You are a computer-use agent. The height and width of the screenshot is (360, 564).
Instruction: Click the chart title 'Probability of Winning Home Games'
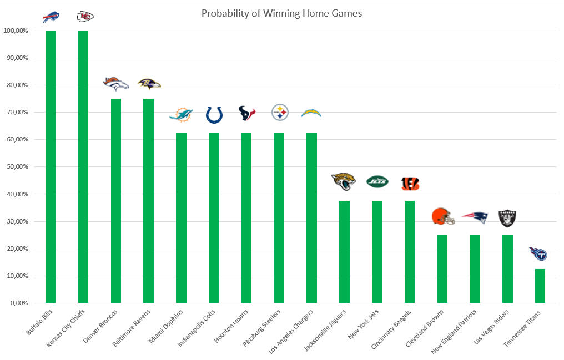(281, 13)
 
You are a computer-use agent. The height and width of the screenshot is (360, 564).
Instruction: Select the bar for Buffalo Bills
(51, 166)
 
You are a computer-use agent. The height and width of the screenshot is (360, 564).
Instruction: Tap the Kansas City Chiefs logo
(85, 17)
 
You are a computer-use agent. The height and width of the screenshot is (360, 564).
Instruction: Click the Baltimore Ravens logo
(149, 84)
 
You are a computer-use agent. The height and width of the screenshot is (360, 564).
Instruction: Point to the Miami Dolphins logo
(181, 115)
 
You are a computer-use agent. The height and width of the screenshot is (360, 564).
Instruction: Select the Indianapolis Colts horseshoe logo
(214, 114)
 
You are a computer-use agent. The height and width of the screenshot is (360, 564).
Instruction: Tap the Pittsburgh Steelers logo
(279, 113)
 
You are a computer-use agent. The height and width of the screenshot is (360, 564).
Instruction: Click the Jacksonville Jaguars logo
(344, 181)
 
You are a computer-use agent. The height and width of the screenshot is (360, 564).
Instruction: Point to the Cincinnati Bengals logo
(410, 184)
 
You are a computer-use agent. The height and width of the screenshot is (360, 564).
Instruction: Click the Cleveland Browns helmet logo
(443, 216)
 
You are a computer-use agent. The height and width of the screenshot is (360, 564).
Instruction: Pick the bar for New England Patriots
(475, 269)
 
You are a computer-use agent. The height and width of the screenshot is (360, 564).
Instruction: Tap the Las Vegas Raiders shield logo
(507, 218)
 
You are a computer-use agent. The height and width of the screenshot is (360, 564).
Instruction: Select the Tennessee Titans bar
(540, 286)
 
